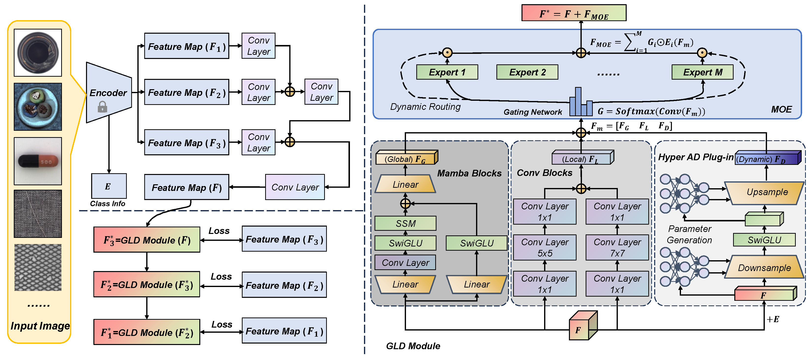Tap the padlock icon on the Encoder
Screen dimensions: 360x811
[102, 107]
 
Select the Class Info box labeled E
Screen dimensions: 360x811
[109, 186]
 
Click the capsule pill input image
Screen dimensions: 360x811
[38, 161]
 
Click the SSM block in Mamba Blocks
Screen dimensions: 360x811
[405, 223]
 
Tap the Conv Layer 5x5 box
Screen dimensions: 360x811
[545, 248]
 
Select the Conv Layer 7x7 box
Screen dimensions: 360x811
[617, 248]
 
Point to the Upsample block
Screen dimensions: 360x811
[765, 192]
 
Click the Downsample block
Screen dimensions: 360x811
[764, 268]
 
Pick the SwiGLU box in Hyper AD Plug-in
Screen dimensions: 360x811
[764, 240]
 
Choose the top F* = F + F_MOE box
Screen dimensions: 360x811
[574, 13]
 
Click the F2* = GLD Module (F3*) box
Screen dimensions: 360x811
[147, 285]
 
